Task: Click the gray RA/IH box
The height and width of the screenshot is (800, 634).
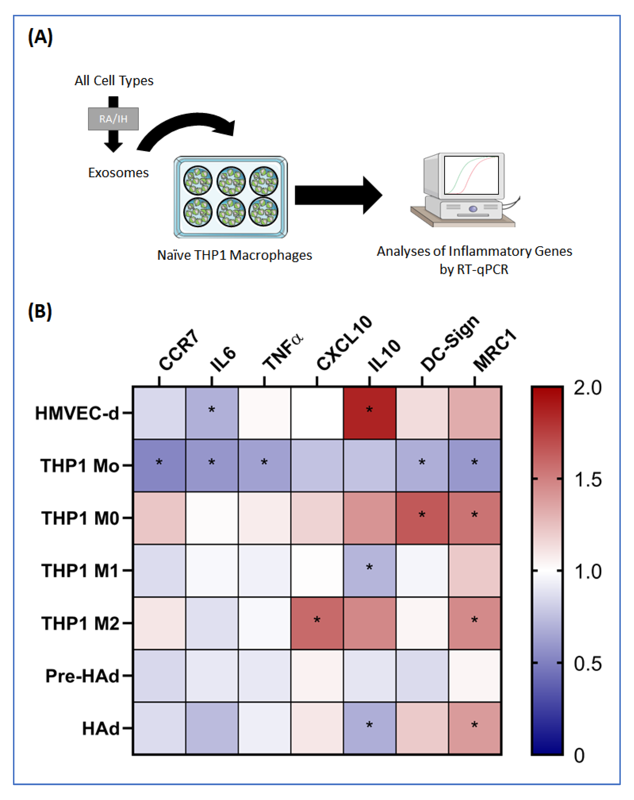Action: [113, 119]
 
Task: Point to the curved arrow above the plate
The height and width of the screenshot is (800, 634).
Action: [185, 128]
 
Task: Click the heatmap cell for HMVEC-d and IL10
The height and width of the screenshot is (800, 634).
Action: [369, 413]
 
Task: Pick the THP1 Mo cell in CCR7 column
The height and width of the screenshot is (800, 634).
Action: [159, 465]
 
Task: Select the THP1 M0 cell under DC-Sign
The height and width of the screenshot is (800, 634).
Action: [422, 518]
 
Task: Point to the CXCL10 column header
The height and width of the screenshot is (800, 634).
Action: [343, 343]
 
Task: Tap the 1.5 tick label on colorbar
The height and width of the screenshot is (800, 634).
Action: [588, 479]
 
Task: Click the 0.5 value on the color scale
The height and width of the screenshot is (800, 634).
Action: [588, 663]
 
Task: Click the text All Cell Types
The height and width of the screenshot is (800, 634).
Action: [114, 81]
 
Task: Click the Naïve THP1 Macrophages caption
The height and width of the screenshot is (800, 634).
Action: [235, 255]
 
